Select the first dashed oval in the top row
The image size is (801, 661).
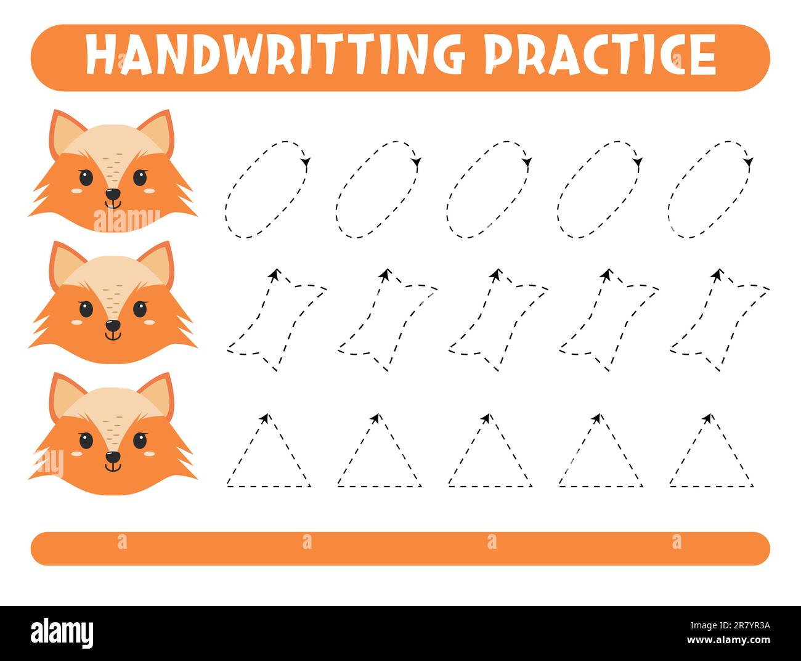(x=267, y=189)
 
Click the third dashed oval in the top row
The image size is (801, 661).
(x=489, y=189)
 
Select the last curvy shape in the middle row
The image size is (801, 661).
(x=719, y=320)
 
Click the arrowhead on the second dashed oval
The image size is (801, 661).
(x=417, y=163)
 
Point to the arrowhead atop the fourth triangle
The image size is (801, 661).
(x=596, y=418)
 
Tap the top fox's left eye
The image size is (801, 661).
(x=86, y=178)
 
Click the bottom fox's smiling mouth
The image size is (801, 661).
(x=113, y=467)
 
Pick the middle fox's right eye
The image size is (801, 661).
(x=140, y=309)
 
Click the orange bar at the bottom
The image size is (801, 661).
(x=400, y=548)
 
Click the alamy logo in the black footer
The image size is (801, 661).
(x=62, y=633)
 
